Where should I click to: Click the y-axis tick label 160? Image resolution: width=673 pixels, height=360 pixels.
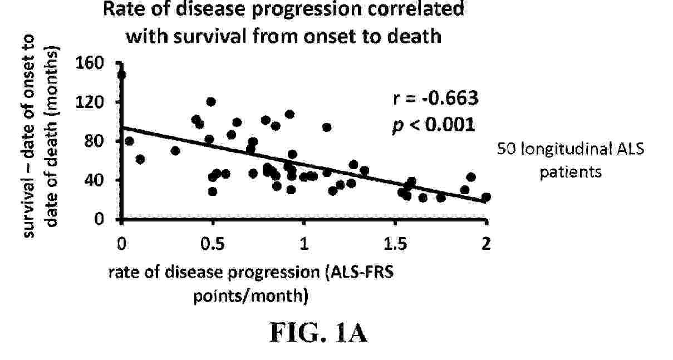point(89,63)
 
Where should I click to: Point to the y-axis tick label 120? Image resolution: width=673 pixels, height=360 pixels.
point(89,102)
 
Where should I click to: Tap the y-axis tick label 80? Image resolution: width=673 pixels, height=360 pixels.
point(94,141)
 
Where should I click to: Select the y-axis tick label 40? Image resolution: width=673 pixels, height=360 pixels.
point(94,180)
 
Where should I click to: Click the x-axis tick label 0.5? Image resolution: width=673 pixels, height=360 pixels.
point(213,244)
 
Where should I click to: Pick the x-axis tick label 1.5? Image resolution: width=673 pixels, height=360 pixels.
point(395,244)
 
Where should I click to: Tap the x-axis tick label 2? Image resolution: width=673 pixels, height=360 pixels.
point(486,244)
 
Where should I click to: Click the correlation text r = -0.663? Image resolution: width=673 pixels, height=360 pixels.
point(435,98)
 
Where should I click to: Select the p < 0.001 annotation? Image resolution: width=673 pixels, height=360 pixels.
point(434,125)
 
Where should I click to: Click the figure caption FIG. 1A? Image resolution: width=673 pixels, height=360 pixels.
point(319,332)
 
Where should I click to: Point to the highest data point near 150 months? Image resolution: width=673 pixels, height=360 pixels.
point(122,75)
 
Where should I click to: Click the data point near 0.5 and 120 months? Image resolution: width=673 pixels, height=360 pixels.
point(211,102)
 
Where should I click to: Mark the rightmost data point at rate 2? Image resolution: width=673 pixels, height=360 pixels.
point(486,198)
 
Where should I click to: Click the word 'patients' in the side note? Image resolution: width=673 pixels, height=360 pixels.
point(571,172)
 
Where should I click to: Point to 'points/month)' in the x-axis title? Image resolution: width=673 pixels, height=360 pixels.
point(251,296)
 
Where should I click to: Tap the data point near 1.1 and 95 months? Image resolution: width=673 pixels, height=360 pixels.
point(327,127)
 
